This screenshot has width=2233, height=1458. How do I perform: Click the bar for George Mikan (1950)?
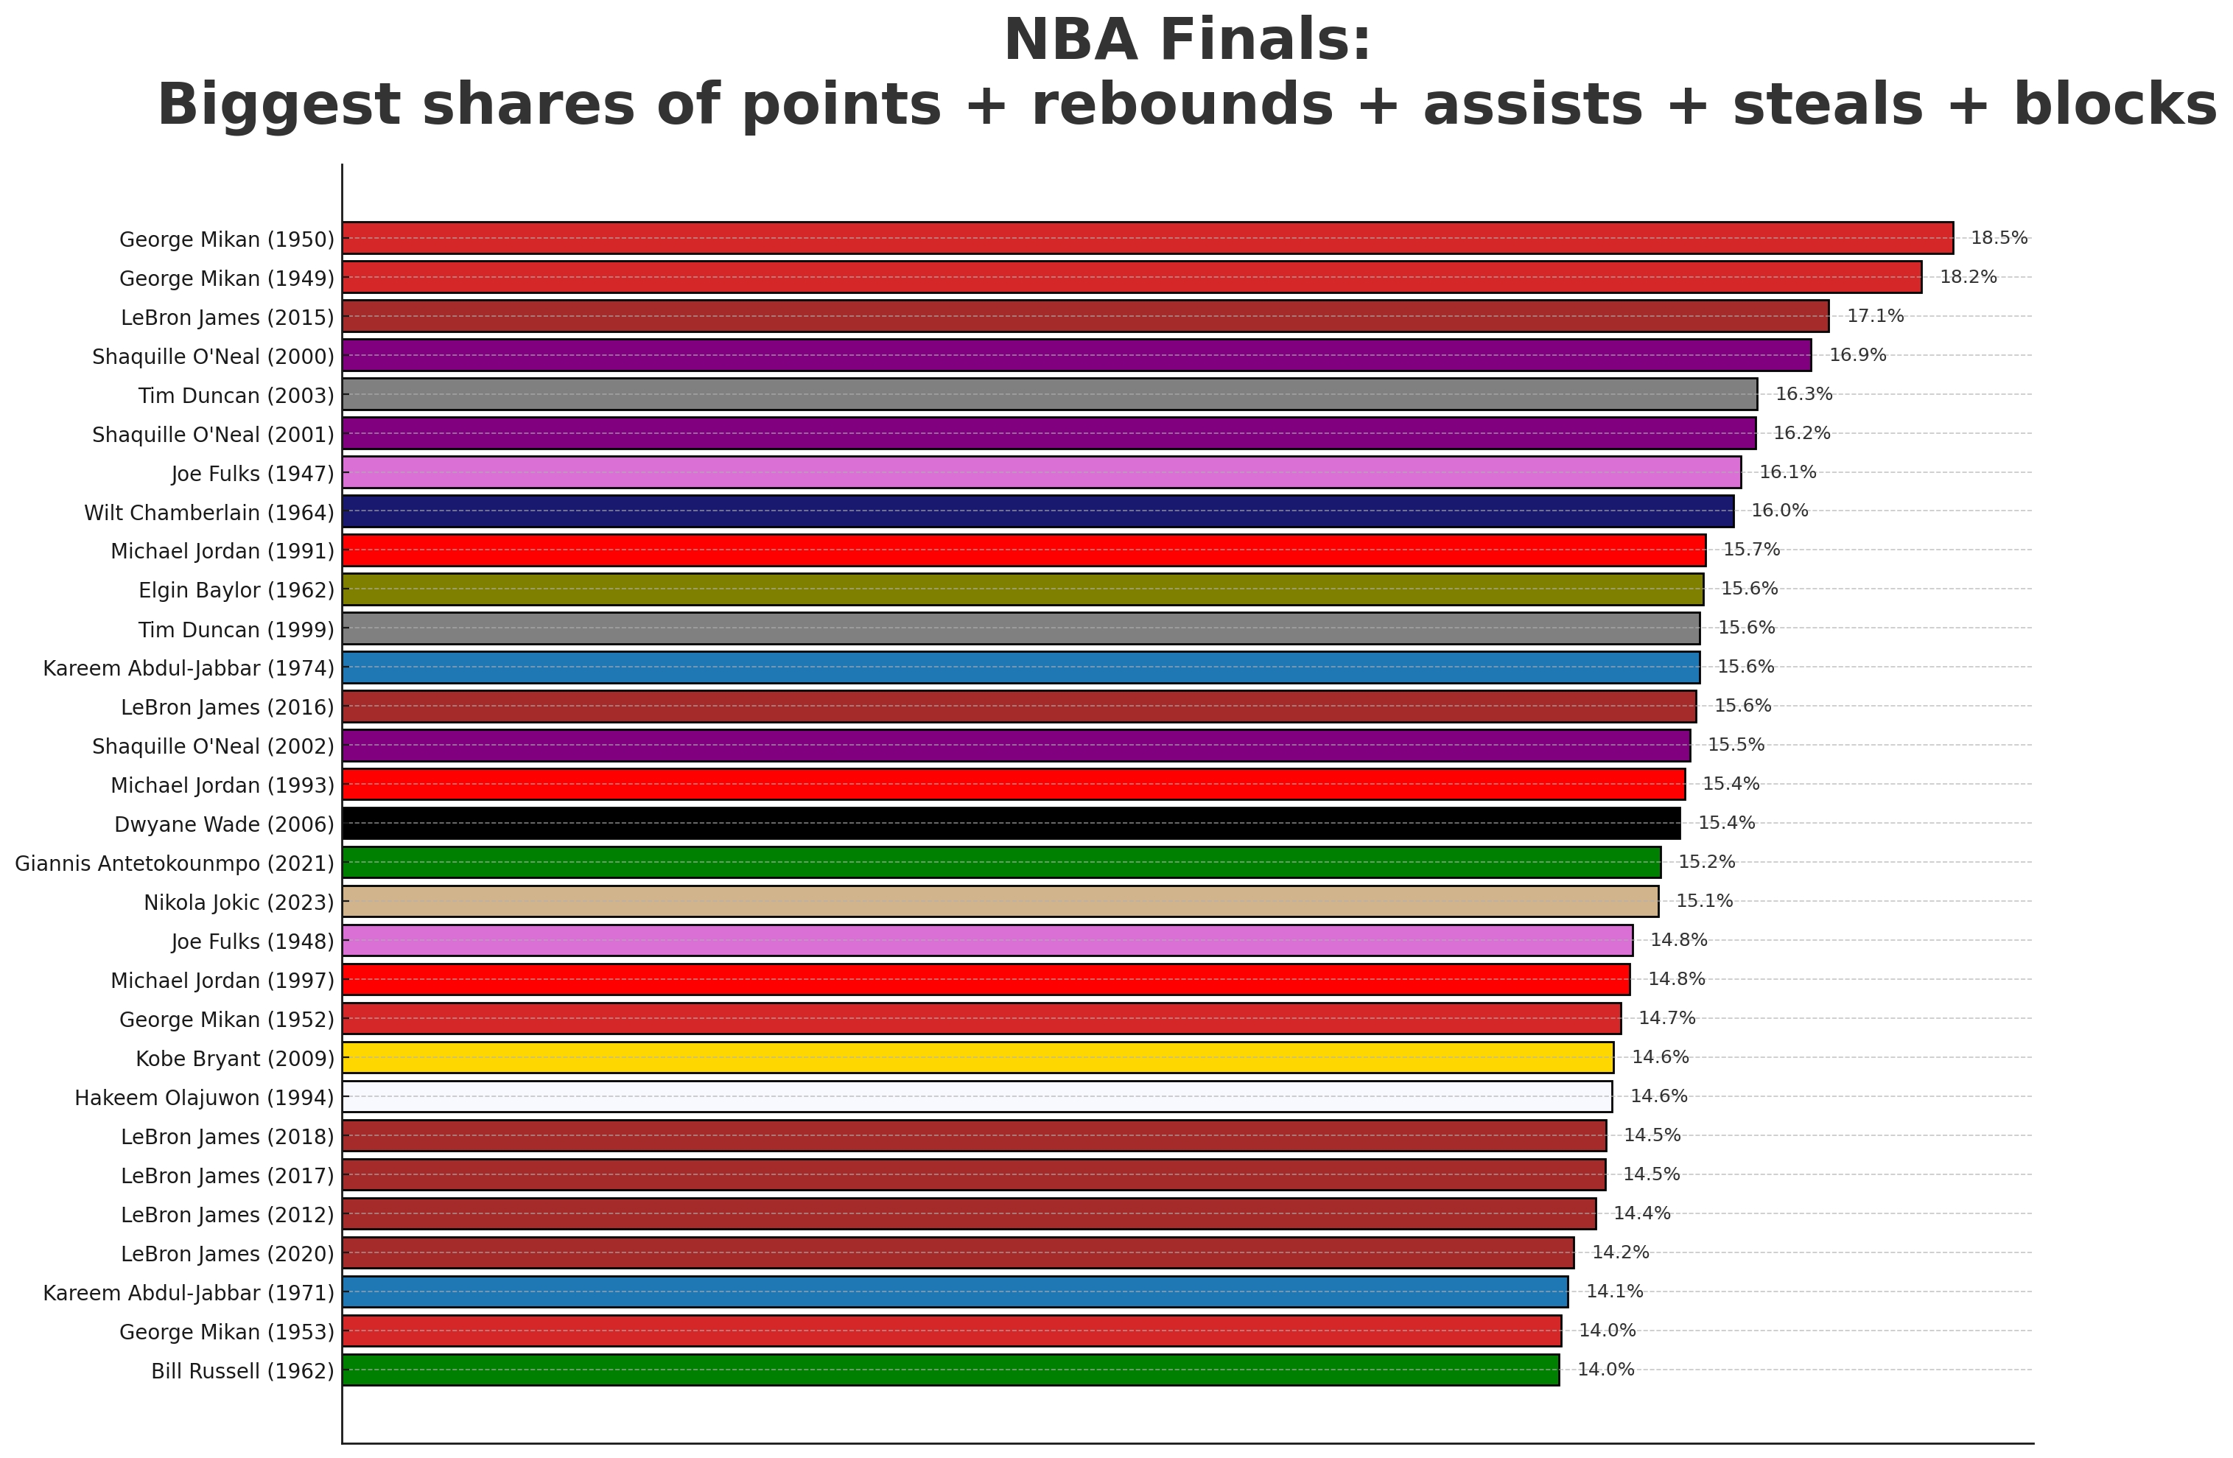click(1146, 238)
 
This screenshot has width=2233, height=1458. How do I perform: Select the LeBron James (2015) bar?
click(1084, 316)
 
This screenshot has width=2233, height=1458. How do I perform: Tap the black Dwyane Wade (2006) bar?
click(1011, 823)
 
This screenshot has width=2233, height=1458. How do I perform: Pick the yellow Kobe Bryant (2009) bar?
click(977, 1057)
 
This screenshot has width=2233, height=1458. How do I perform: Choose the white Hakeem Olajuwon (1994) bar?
click(975, 1096)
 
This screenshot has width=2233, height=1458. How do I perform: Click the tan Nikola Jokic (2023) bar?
click(999, 902)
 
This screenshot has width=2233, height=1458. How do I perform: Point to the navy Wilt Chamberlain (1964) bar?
click(1037, 511)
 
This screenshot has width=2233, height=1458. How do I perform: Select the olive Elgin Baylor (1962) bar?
click(1022, 589)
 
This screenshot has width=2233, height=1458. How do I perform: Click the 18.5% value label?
click(1999, 238)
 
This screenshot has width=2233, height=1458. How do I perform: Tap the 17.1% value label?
click(1875, 316)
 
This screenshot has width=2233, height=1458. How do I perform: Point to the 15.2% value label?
click(1706, 862)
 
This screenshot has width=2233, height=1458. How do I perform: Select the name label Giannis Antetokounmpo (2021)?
click(175, 863)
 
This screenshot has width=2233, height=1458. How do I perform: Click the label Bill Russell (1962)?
click(242, 1372)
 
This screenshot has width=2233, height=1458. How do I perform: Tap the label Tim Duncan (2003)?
click(236, 396)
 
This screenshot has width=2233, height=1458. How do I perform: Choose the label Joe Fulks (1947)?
click(253, 474)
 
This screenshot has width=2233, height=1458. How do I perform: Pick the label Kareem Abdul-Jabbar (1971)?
click(189, 1293)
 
